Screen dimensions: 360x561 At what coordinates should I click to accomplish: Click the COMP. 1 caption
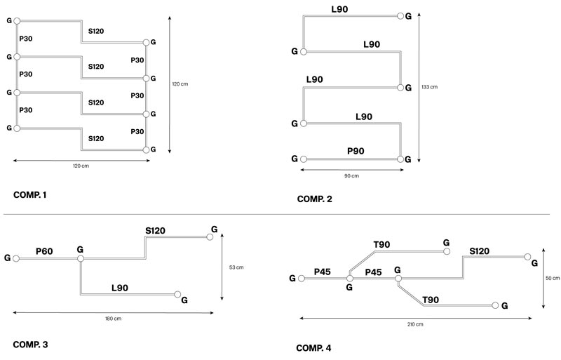tap(29, 194)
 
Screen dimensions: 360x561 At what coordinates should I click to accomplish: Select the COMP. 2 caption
tap(314, 199)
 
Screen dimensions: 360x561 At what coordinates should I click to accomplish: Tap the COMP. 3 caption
tap(30, 345)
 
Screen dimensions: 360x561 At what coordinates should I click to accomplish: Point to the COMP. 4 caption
tap(314, 348)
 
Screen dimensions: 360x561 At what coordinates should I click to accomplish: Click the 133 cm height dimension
tap(429, 87)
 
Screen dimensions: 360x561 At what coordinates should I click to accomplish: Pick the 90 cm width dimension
tap(351, 175)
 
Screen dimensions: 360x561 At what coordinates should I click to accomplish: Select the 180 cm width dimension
tap(113, 319)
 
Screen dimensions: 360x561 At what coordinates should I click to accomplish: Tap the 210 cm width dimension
tap(414, 324)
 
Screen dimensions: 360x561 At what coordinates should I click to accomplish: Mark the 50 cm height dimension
tap(552, 278)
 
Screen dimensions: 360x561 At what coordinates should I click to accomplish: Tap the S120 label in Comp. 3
tap(156, 230)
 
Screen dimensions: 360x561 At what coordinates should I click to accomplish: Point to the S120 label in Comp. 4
tap(480, 251)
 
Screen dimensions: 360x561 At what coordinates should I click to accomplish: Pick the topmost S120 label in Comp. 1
tap(95, 32)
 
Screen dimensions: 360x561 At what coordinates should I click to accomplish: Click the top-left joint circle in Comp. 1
tap(17, 22)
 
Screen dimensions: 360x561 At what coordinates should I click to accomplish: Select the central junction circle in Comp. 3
tap(81, 259)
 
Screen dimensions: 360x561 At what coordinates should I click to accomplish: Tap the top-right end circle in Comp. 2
tap(400, 15)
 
